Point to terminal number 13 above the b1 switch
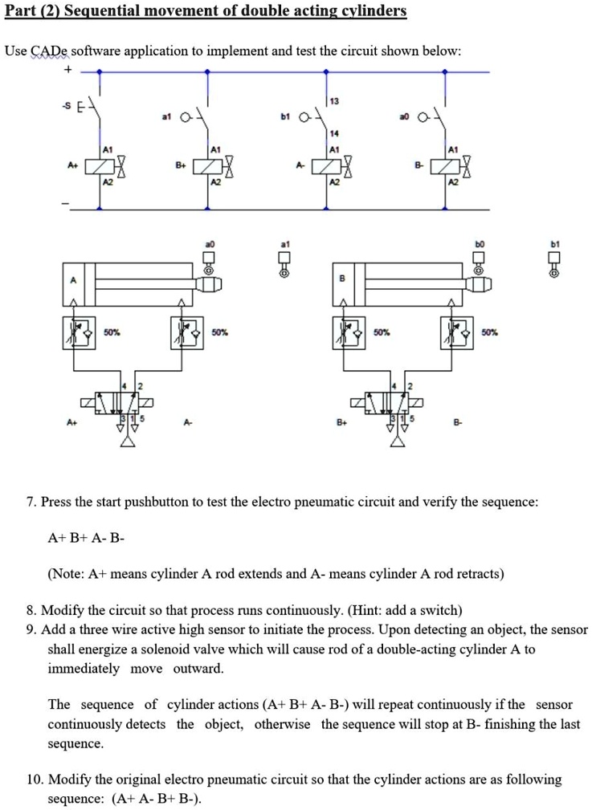[334, 100]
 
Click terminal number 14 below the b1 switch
[334, 133]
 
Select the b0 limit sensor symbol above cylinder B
[479, 259]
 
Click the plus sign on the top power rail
[68, 71]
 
